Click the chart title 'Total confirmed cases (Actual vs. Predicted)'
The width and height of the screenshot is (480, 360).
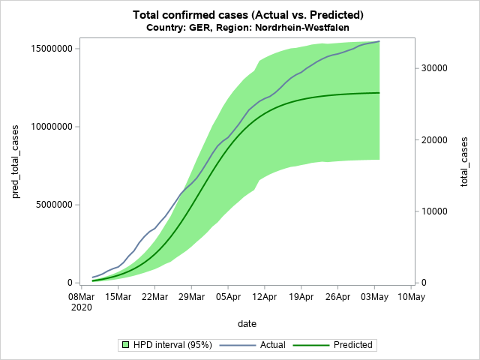(247, 15)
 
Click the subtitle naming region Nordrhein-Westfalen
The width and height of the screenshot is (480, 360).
(247, 28)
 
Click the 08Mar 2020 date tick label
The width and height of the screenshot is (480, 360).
(82, 301)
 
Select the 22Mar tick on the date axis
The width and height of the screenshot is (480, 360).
(155, 297)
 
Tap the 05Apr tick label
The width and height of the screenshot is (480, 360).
(228, 297)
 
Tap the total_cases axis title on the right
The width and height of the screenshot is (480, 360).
(464, 162)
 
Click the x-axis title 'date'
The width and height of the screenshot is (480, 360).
(247, 324)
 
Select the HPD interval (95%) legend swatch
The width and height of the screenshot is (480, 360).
(126, 345)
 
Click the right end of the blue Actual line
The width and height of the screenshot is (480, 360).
(379, 41)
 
